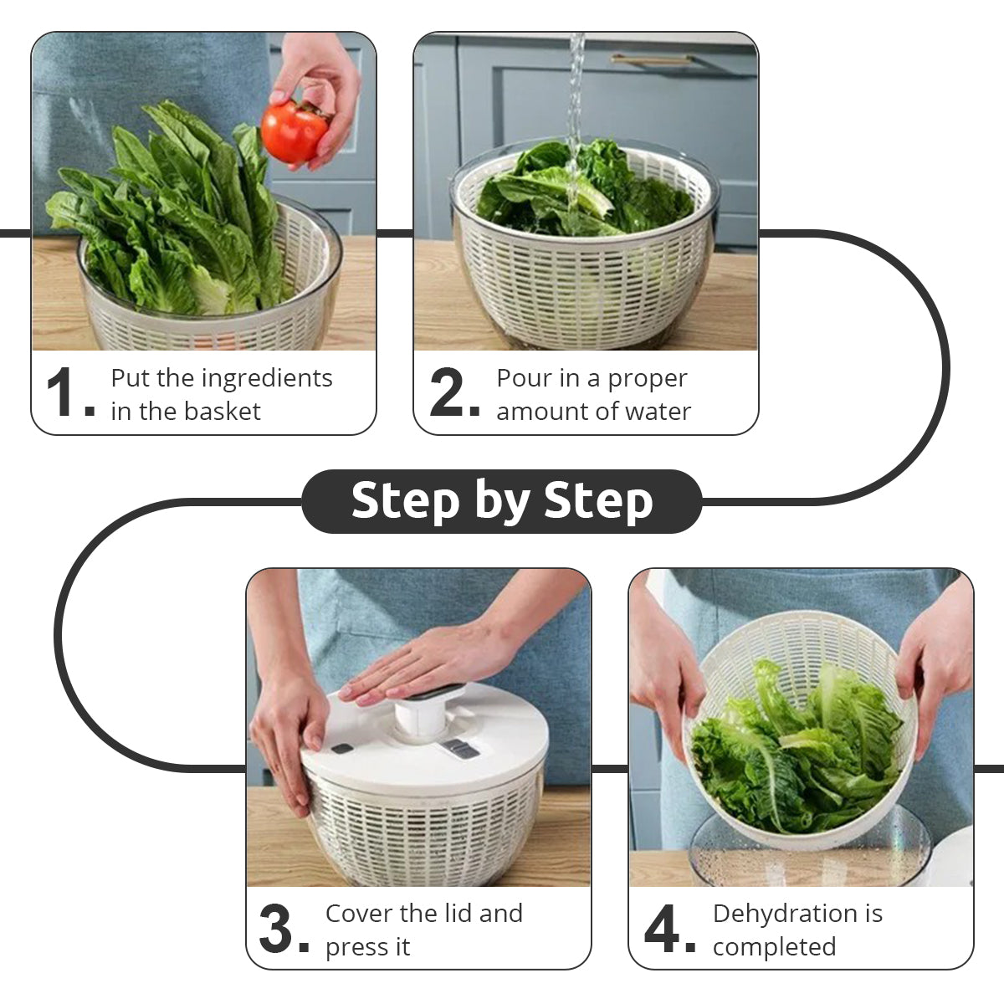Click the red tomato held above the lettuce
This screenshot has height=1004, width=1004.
pos(294,131)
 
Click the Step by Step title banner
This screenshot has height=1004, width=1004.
pos(502,500)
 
